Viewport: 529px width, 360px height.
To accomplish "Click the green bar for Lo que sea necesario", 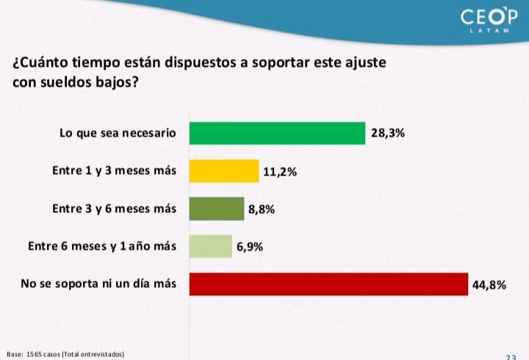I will coord(277,133).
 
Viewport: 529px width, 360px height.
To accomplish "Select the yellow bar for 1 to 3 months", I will coord(224,170).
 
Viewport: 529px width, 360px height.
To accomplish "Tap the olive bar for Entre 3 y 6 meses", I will coord(217,209).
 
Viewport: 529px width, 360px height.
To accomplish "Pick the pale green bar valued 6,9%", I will coord(211,246).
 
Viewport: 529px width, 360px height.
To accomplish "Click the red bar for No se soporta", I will coord(328,284).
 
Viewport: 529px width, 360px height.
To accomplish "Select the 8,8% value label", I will coord(262,209).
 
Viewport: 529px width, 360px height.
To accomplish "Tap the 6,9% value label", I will coord(250,247).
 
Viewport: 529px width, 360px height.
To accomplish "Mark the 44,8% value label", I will coord(490,284).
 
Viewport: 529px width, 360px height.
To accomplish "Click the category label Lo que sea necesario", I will coord(118,134).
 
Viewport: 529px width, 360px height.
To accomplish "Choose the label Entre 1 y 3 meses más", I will coord(115,171).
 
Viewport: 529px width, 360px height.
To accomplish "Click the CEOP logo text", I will coord(489,17).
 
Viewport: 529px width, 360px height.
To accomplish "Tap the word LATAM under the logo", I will coord(489,32).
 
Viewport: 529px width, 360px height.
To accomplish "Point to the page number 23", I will coord(512,356).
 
